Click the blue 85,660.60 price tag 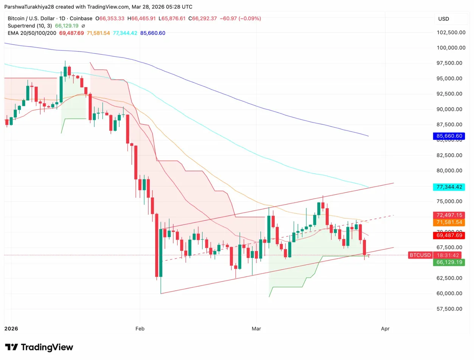click(x=449, y=136)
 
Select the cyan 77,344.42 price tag click(x=449, y=187)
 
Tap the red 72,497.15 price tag click(x=449, y=215)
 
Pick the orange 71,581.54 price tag click(x=449, y=222)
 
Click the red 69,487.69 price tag click(x=449, y=235)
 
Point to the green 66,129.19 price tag click(x=449, y=262)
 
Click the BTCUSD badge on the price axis click(x=420, y=255)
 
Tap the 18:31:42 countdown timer click(x=449, y=255)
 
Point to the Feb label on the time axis click(x=140, y=329)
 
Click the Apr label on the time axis click(x=385, y=329)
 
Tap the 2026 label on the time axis click(x=11, y=329)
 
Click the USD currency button click(x=444, y=19)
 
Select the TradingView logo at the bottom click(x=39, y=347)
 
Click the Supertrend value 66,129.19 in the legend click(x=67, y=26)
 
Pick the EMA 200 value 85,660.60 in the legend click(x=152, y=33)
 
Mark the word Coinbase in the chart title click(x=81, y=18)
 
